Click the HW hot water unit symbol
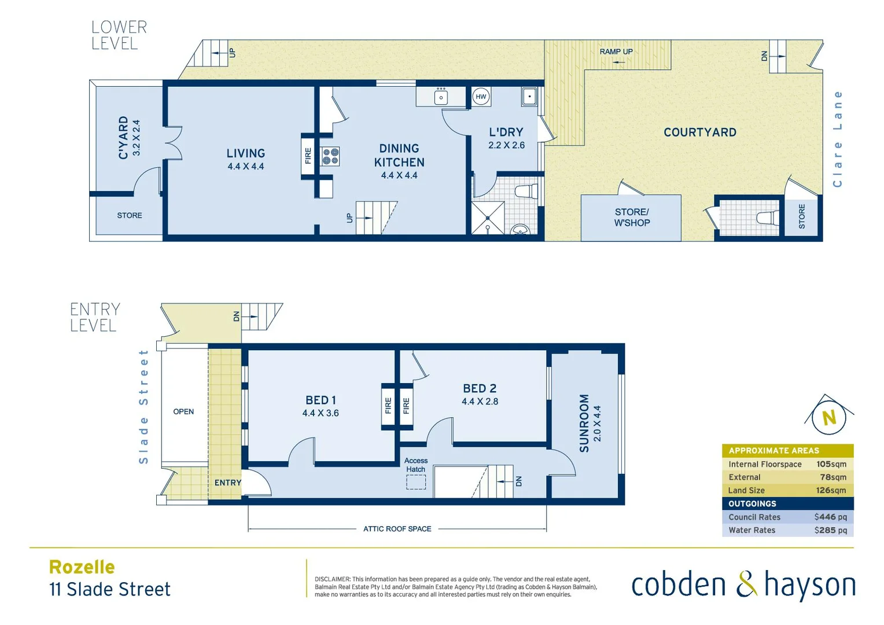(x=481, y=97)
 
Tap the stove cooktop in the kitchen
(x=330, y=157)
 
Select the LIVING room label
(x=245, y=153)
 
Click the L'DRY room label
(x=506, y=132)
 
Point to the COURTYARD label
(x=699, y=133)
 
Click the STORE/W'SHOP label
(x=632, y=218)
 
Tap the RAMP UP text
(x=616, y=52)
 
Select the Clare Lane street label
(x=837, y=139)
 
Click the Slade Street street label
(x=143, y=406)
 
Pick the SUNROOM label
(x=584, y=423)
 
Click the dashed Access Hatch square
(x=415, y=482)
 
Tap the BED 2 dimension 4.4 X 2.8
(x=480, y=402)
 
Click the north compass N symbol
(x=829, y=417)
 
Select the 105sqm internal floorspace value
(x=831, y=464)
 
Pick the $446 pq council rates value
(x=830, y=517)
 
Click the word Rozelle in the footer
(x=82, y=567)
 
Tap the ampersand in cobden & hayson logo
(x=746, y=584)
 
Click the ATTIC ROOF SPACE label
(x=397, y=529)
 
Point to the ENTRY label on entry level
(x=228, y=483)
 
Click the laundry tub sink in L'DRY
(x=529, y=96)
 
